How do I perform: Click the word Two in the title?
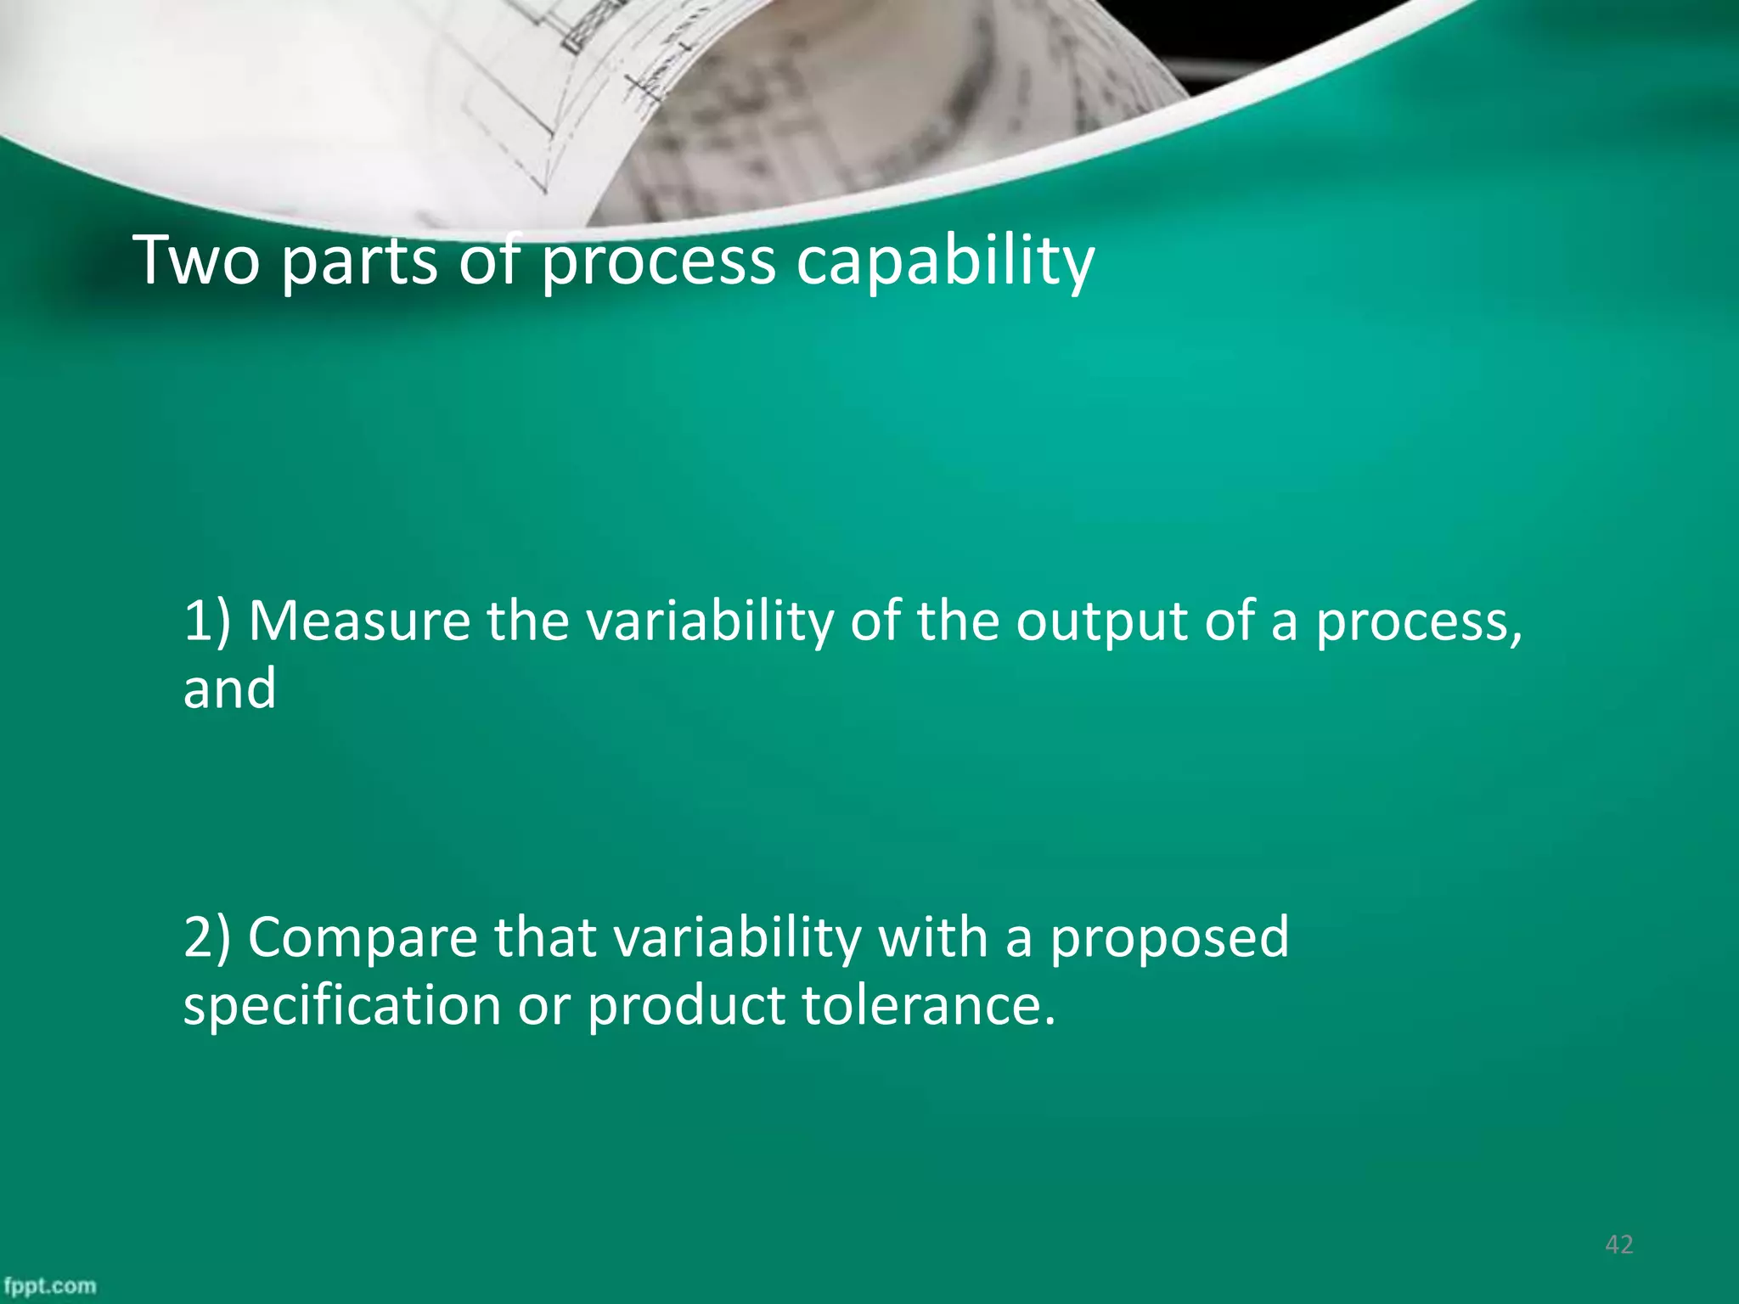(x=197, y=260)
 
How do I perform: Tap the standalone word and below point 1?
(x=229, y=688)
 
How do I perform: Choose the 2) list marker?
(x=207, y=938)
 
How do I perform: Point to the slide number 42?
(x=1618, y=1245)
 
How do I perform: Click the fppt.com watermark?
(x=49, y=1286)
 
